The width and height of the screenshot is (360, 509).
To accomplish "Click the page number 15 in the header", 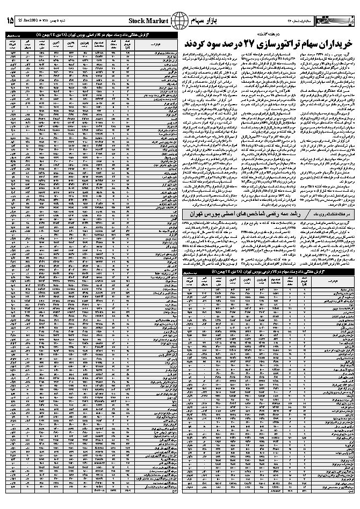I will click(x=10, y=20).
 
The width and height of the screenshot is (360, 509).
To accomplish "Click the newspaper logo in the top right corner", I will click(x=339, y=20).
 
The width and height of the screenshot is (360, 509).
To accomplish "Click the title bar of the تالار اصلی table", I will click(x=91, y=34).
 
